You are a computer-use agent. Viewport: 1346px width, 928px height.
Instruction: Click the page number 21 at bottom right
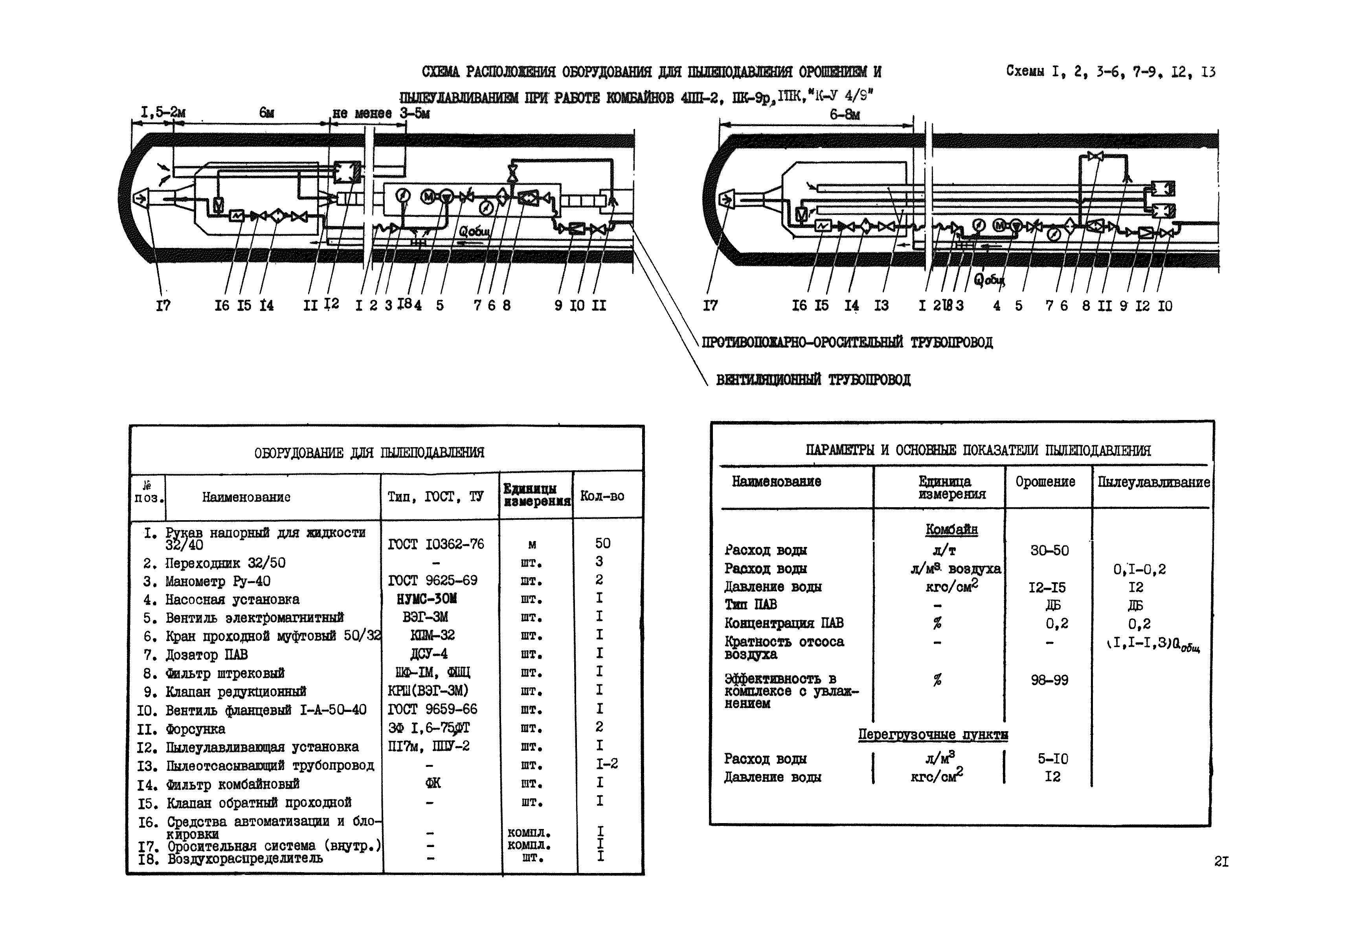tap(1221, 861)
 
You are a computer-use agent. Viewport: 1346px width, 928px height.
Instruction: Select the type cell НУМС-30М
tap(426, 598)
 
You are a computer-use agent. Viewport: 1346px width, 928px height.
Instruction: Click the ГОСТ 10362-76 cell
tap(436, 544)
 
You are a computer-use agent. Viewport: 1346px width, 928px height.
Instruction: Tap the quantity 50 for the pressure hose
tap(602, 543)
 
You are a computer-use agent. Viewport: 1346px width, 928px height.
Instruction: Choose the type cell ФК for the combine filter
tap(433, 783)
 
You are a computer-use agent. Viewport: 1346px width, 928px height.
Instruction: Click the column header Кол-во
tap(602, 496)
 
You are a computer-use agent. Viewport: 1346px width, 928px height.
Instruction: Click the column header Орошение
tap(1045, 481)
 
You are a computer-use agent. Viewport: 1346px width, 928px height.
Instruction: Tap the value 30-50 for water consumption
tap(1049, 550)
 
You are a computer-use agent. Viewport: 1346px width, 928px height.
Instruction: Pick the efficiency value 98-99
tap(1049, 680)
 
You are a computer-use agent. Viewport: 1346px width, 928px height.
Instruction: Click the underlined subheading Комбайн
tap(951, 530)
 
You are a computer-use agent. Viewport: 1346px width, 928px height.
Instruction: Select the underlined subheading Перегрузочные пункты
tap(933, 734)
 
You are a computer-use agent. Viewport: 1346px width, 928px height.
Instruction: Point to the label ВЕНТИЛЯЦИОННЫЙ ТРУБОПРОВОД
tap(813, 380)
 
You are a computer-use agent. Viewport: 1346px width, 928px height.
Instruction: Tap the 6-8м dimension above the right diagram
tap(844, 114)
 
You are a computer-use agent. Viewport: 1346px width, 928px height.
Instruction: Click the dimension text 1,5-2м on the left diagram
tap(163, 112)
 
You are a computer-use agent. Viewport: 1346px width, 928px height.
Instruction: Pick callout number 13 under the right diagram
tap(881, 305)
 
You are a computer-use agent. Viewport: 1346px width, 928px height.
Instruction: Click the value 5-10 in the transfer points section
tap(1052, 759)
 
